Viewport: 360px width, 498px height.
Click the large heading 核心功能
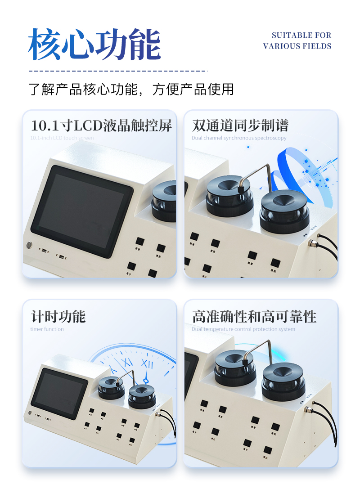pyautogui.click(x=94, y=45)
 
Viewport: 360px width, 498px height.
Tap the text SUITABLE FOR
pyautogui.click(x=301, y=35)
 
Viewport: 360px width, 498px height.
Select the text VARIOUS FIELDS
pyautogui.click(x=297, y=46)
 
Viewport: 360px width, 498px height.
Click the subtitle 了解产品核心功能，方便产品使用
pyautogui.click(x=131, y=89)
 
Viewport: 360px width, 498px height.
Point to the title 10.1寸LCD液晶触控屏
pyautogui.click(x=101, y=125)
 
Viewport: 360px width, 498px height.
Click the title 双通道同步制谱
pyautogui.click(x=240, y=125)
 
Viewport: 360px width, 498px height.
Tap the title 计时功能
pyautogui.click(x=58, y=316)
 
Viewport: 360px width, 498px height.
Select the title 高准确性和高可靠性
pyautogui.click(x=254, y=316)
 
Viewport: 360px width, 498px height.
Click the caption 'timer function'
pyautogui.click(x=47, y=329)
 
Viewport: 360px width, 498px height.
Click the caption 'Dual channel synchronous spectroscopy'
pyautogui.click(x=239, y=138)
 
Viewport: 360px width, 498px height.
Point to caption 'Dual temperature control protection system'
pyautogui.click(x=243, y=329)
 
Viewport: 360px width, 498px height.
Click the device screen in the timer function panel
pyautogui.click(x=59, y=392)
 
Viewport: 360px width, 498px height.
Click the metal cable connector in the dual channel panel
pyautogui.click(x=310, y=243)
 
